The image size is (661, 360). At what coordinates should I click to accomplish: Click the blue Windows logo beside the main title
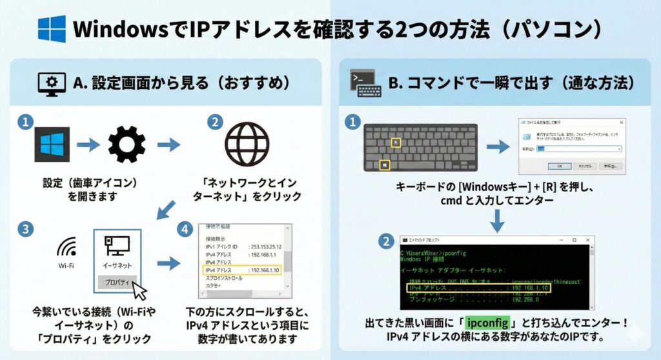pyautogui.click(x=52, y=29)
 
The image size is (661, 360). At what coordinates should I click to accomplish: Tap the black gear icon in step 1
pyautogui.click(x=127, y=144)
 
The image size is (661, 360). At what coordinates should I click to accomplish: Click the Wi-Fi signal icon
pyautogui.click(x=66, y=246)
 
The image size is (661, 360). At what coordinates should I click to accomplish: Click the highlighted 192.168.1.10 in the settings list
pyautogui.click(x=265, y=270)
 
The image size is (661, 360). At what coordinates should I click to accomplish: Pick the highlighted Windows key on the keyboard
pyautogui.click(x=385, y=165)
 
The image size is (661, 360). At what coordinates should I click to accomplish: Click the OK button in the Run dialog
pyautogui.click(x=559, y=165)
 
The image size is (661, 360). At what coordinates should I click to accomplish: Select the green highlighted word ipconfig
pyautogui.click(x=487, y=321)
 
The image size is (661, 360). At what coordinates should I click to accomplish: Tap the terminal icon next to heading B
pyautogui.click(x=364, y=83)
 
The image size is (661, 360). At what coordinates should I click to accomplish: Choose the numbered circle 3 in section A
pyautogui.click(x=25, y=229)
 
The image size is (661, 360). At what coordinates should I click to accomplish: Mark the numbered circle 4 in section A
pyautogui.click(x=186, y=229)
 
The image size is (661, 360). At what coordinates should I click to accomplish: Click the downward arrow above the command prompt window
pyautogui.click(x=497, y=221)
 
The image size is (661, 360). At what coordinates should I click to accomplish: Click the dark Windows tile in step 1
pyautogui.click(x=52, y=144)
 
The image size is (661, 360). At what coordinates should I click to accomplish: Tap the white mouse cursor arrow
pyautogui.click(x=139, y=290)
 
